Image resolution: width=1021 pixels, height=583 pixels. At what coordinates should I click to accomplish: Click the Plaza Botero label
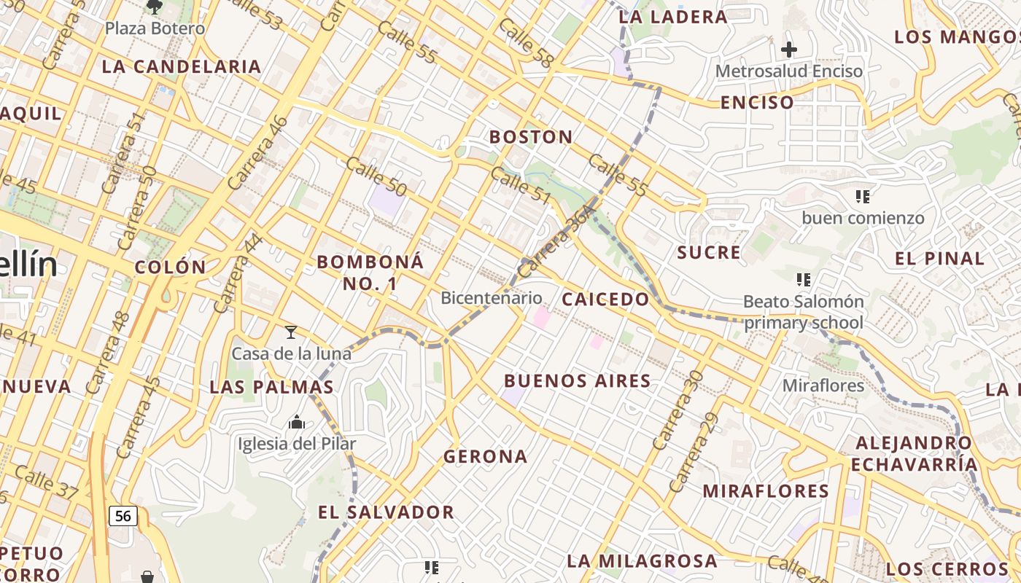[155, 28]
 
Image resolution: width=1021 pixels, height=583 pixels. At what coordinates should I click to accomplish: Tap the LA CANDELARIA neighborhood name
[182, 66]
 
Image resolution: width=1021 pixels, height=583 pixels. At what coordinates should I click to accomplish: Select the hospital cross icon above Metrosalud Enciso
[789, 50]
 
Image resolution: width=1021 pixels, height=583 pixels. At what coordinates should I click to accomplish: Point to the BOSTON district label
[531, 137]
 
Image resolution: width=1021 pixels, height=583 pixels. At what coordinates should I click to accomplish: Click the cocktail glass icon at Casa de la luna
[291, 332]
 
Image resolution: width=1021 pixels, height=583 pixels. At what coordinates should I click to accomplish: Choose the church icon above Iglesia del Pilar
[297, 422]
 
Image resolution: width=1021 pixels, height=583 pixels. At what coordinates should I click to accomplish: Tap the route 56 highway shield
[123, 516]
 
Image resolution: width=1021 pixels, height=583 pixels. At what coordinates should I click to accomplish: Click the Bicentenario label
[492, 298]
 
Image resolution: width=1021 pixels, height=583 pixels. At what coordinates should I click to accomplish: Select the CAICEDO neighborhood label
[605, 300]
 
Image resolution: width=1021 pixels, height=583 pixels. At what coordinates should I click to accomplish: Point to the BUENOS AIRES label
[578, 381]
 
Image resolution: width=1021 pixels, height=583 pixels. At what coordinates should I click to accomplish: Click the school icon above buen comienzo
[863, 196]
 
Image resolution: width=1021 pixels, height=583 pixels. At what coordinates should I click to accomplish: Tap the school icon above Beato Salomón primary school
[804, 279]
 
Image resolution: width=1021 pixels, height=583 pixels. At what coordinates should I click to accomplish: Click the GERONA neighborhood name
[485, 457]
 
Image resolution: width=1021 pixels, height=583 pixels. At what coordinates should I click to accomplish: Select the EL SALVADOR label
[386, 512]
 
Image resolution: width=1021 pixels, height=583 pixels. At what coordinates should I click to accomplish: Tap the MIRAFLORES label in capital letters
[766, 491]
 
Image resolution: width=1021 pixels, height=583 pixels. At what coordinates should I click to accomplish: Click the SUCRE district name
[709, 253]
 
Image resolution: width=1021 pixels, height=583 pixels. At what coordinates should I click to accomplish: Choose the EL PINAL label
[939, 259]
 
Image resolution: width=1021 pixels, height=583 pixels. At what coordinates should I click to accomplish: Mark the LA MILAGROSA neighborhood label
[642, 561]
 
